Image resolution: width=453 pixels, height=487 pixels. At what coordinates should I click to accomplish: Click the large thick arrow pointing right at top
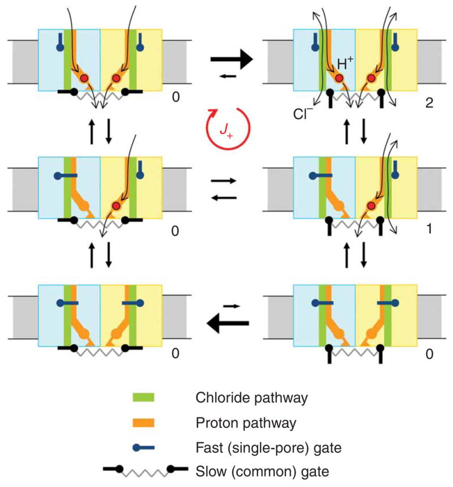[x=232, y=58]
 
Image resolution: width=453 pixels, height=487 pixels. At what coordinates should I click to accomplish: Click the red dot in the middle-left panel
[x=116, y=205]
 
